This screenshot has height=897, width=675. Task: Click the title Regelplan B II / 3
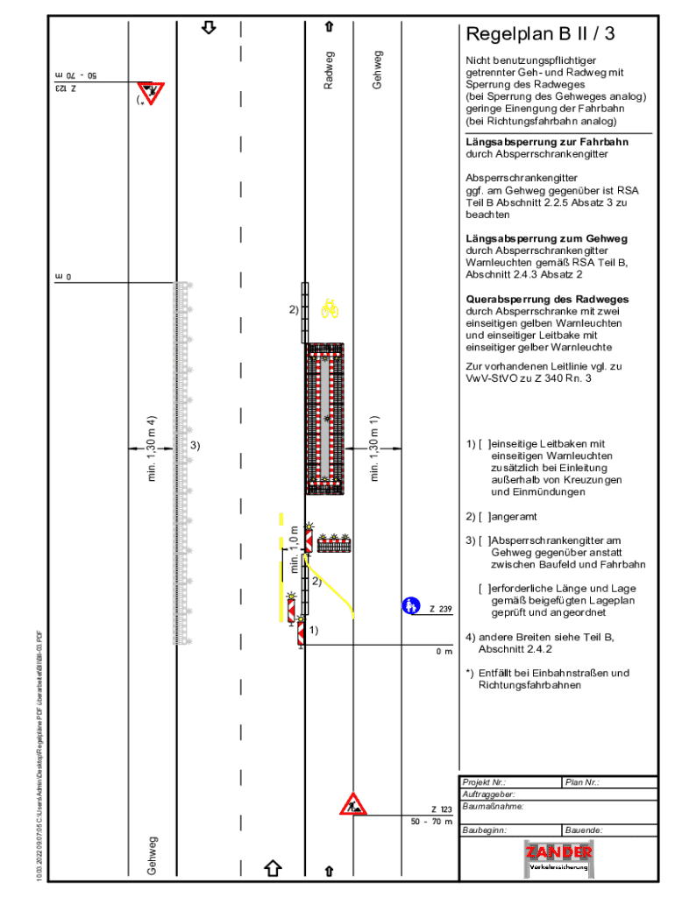click(x=540, y=35)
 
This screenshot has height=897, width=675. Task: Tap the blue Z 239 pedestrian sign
click(x=410, y=605)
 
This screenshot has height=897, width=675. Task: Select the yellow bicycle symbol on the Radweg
click(x=330, y=308)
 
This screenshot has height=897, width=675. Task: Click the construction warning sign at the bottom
click(x=353, y=804)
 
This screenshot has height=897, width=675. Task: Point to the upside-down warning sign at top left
click(x=151, y=92)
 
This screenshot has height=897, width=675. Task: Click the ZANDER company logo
click(x=558, y=856)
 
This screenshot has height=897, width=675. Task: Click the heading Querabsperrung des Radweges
click(x=547, y=300)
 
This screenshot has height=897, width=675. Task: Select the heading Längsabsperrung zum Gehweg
click(x=546, y=238)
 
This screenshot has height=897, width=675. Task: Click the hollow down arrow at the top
click(x=209, y=27)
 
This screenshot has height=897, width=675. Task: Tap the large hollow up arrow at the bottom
click(x=273, y=867)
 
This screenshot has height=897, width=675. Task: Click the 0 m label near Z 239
click(x=444, y=651)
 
